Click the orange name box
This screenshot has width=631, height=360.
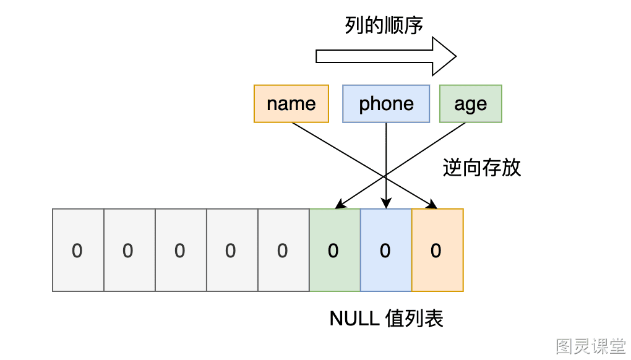tap(291, 104)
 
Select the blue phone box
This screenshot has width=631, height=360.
tap(386, 104)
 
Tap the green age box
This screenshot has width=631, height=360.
tap(470, 104)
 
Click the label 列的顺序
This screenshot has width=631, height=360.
tap(384, 25)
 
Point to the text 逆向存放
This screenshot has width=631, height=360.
tap(482, 168)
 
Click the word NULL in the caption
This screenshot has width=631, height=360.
tap(354, 319)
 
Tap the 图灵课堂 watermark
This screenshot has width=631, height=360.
tap(591, 346)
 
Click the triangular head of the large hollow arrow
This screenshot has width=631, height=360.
tap(444, 56)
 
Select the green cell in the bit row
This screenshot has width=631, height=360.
tap(335, 250)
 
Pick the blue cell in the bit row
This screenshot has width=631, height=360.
tap(386, 250)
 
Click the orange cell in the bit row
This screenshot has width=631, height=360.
tap(437, 250)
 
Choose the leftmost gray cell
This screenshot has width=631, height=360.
tap(78, 250)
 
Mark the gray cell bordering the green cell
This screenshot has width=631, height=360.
tap(284, 250)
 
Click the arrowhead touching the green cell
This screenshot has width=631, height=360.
tap(340, 204)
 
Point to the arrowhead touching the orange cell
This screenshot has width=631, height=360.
tap(432, 204)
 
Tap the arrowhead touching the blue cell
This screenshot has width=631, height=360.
tap(386, 203)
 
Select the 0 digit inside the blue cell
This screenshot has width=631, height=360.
tap(385, 251)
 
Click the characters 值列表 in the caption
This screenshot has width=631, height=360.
tap(414, 319)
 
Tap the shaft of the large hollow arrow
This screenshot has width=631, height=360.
tap(374, 56)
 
